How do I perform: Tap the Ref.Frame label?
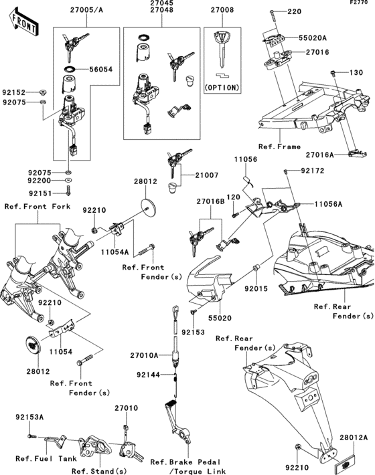click(x=278, y=146)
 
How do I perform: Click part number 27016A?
click(x=342, y=155)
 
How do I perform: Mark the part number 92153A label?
click(x=30, y=416)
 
